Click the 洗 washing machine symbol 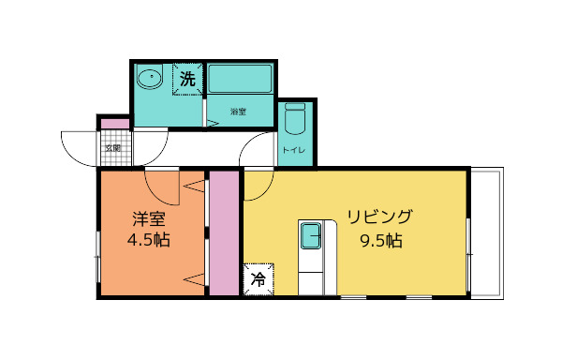188,80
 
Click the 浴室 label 239,112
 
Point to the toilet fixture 295,120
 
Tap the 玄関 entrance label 112,147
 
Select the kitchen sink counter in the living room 311,254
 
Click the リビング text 379,217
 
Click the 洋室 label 148,219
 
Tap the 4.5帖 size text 148,240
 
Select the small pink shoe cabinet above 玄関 113,124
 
